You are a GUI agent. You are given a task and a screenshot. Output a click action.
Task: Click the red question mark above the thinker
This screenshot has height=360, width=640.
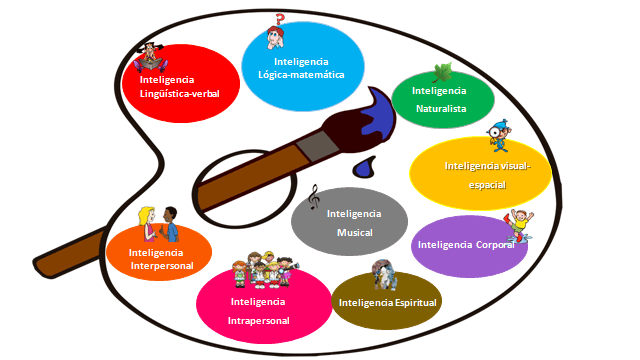[x=280, y=19]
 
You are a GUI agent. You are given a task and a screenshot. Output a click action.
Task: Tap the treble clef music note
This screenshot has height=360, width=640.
[x=313, y=197]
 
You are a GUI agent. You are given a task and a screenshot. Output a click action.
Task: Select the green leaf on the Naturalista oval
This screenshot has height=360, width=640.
[x=442, y=73]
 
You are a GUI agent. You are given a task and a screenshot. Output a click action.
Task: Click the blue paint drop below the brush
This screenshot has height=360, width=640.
[x=364, y=167]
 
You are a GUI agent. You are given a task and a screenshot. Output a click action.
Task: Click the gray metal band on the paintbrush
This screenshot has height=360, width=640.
[x=317, y=146]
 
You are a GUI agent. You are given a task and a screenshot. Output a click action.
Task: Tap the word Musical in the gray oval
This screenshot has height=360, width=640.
[x=354, y=233]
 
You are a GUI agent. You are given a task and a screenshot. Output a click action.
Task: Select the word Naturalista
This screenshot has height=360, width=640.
[x=441, y=109]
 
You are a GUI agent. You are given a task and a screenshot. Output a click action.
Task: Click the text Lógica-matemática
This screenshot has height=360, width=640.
[x=301, y=75]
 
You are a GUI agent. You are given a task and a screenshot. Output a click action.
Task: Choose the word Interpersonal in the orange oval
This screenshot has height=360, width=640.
[x=162, y=266]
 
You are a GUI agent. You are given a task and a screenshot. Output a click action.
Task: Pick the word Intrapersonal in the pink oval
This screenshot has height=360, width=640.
[x=258, y=321]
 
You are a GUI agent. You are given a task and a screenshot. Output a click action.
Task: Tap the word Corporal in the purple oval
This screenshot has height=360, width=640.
[x=495, y=245]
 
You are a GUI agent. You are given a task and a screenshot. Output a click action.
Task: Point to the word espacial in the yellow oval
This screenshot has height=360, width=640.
[x=487, y=185]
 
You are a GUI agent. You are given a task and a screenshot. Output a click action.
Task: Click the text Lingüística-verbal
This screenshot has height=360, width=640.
[x=180, y=93]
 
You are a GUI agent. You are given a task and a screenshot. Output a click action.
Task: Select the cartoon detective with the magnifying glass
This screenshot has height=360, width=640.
[x=499, y=136]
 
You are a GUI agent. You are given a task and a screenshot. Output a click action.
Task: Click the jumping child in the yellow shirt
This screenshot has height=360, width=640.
[x=520, y=226]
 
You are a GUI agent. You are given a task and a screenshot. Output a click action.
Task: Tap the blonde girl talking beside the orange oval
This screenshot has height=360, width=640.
[x=147, y=224]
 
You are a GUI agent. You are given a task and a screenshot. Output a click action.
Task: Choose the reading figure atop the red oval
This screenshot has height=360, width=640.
[x=151, y=58]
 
